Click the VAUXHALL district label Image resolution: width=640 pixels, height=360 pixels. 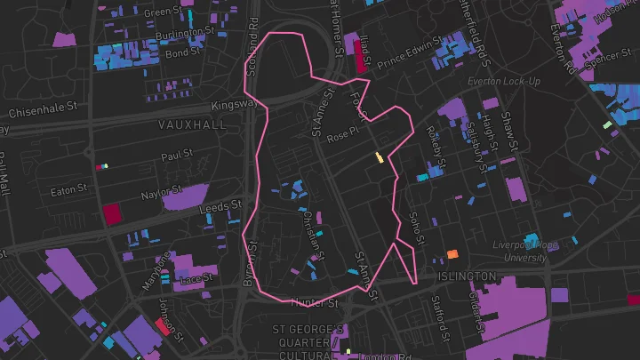(x=192, y=125)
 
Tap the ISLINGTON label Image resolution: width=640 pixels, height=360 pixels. (x=466, y=277)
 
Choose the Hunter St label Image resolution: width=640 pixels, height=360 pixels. (x=314, y=303)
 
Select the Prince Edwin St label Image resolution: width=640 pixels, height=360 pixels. (x=410, y=53)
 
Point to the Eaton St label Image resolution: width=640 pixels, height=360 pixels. (x=69, y=189)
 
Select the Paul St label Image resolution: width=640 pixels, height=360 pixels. (x=177, y=156)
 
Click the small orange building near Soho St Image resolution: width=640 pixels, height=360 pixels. (x=452, y=254)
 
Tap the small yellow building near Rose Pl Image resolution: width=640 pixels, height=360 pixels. (x=380, y=158)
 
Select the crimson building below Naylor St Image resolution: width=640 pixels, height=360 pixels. (x=112, y=213)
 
